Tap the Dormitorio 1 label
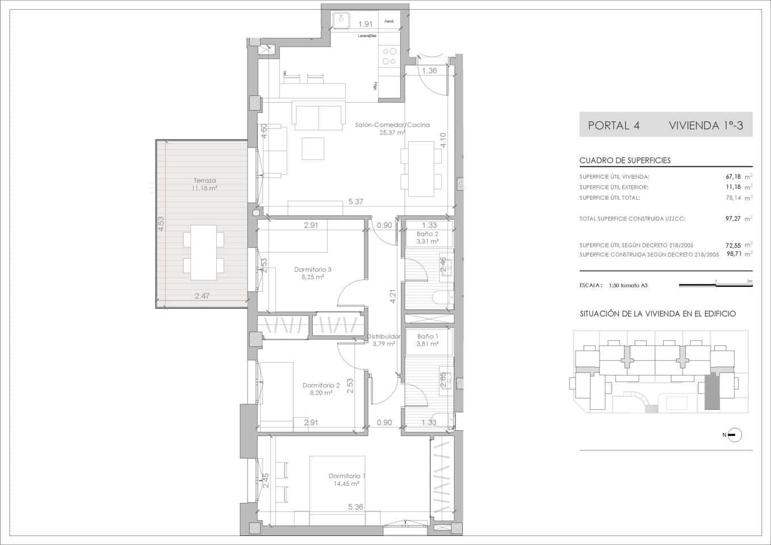coord(347,476)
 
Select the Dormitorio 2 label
coord(321,385)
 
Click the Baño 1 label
coord(428,336)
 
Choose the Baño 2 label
coord(428,234)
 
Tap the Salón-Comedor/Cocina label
coord(392,125)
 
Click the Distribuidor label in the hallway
coord(384,336)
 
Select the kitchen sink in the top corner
coord(342,20)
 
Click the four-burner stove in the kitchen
coord(389,56)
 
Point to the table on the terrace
coord(203,253)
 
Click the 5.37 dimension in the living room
coord(355,202)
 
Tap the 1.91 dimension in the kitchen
coord(365,24)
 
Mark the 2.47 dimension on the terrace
coord(202,296)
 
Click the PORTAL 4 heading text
coord(614,125)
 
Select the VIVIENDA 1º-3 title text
coord(706,125)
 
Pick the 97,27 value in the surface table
coord(735,219)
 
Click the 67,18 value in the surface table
coord(735,177)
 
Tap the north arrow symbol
coord(734,435)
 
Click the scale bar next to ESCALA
coord(715,285)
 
